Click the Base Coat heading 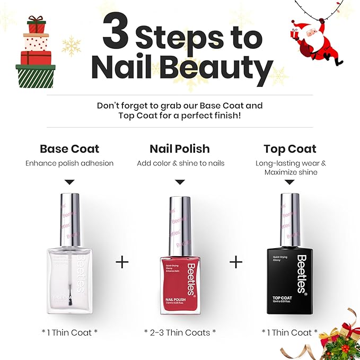[x=69, y=148]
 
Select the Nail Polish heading [x=180, y=148]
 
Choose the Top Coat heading [x=289, y=148]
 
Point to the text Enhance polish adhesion [x=69, y=163]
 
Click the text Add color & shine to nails [x=180, y=163]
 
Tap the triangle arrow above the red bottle [x=180, y=182]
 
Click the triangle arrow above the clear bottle [x=69, y=182]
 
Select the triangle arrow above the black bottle [x=290, y=182]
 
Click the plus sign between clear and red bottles [x=122, y=262]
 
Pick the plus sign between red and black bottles [x=235, y=262]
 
